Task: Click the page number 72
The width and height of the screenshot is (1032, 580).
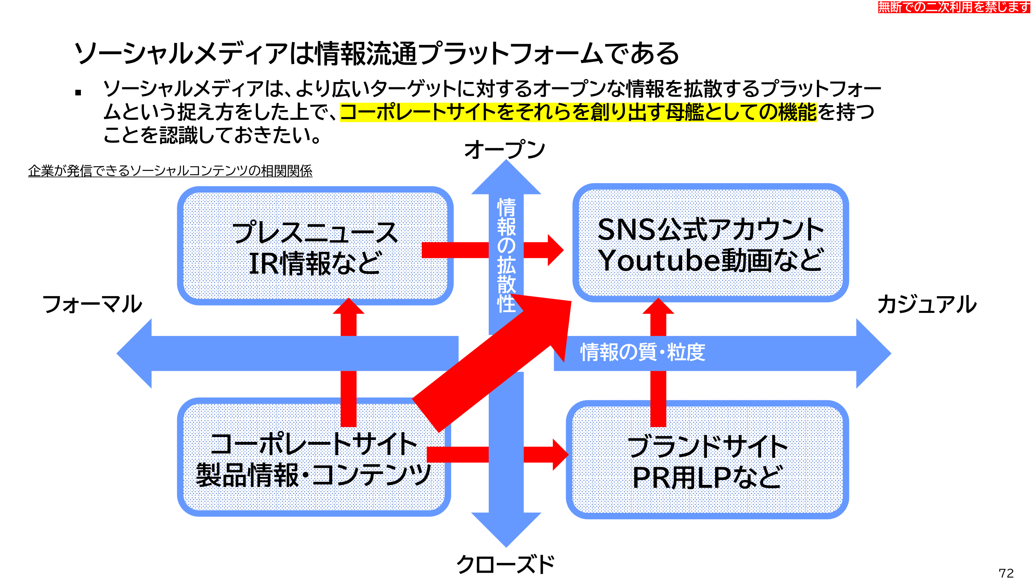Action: click(1006, 573)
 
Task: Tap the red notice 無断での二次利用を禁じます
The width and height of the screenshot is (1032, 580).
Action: click(954, 7)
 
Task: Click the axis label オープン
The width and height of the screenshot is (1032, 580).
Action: click(505, 150)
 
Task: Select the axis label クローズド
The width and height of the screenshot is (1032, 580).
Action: click(506, 565)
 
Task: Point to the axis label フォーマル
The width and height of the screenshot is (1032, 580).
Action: click(92, 304)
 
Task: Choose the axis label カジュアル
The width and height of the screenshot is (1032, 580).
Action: click(927, 304)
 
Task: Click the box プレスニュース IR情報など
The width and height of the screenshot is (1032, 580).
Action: click(315, 246)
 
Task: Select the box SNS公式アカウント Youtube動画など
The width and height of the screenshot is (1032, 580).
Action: click(710, 242)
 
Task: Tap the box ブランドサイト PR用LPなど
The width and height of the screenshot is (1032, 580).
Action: click(707, 459)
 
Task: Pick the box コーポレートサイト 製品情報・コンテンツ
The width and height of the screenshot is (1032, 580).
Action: click(314, 457)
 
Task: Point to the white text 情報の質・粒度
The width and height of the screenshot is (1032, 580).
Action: click(643, 352)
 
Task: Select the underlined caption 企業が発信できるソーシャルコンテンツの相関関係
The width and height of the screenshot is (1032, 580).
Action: click(170, 171)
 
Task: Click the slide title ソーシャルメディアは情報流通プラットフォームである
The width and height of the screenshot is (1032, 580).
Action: click(377, 54)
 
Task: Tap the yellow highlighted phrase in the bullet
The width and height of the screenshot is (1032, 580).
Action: click(578, 112)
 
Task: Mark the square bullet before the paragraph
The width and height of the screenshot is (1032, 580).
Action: click(78, 93)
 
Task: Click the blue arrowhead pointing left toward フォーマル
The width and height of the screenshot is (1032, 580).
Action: click(134, 353)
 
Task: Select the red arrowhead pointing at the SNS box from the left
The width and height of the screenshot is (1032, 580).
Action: click(556, 250)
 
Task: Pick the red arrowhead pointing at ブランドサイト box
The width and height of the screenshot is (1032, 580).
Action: click(561, 454)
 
